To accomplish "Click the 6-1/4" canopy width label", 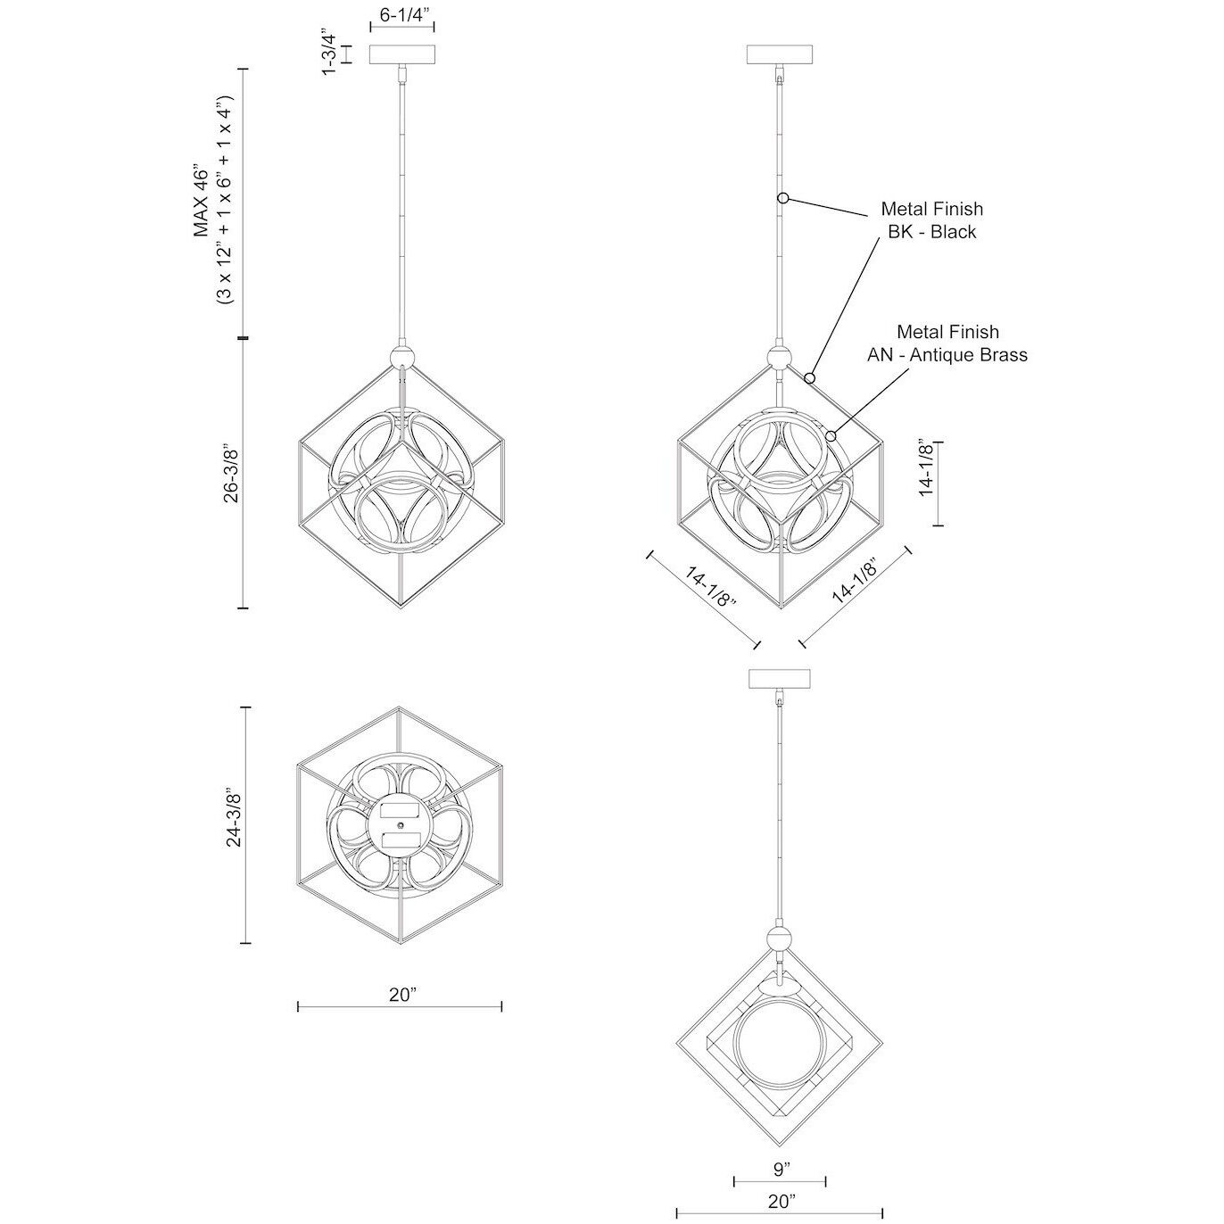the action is [402, 14].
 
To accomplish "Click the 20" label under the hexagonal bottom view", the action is [401, 995].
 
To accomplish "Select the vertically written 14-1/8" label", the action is [927, 468].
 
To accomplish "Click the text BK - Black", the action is [931, 232].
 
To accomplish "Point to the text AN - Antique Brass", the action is [947, 354].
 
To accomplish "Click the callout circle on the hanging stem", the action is [784, 198].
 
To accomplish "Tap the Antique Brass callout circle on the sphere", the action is [831, 435].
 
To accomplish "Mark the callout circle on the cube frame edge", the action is [809, 379].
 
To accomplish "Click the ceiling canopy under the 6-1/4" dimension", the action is [402, 54].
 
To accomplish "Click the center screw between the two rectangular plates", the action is [400, 824].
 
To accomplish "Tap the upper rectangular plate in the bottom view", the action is [400, 809].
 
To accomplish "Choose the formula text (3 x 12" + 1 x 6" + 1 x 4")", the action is [225, 202].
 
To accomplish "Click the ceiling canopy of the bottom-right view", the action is [781, 678].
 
